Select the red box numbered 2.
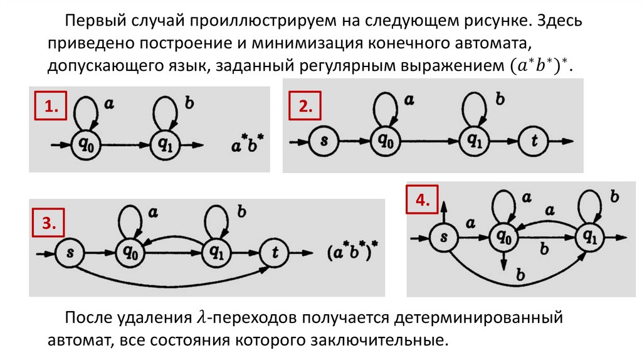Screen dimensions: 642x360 pos(304,107)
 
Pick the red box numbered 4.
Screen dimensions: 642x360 pos(421,201)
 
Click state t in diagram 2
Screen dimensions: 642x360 pos(534,142)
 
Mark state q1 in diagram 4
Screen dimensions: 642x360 pos(591,237)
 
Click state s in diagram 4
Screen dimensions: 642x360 pos(444,237)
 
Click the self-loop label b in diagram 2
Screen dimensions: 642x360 pos(500,99)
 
